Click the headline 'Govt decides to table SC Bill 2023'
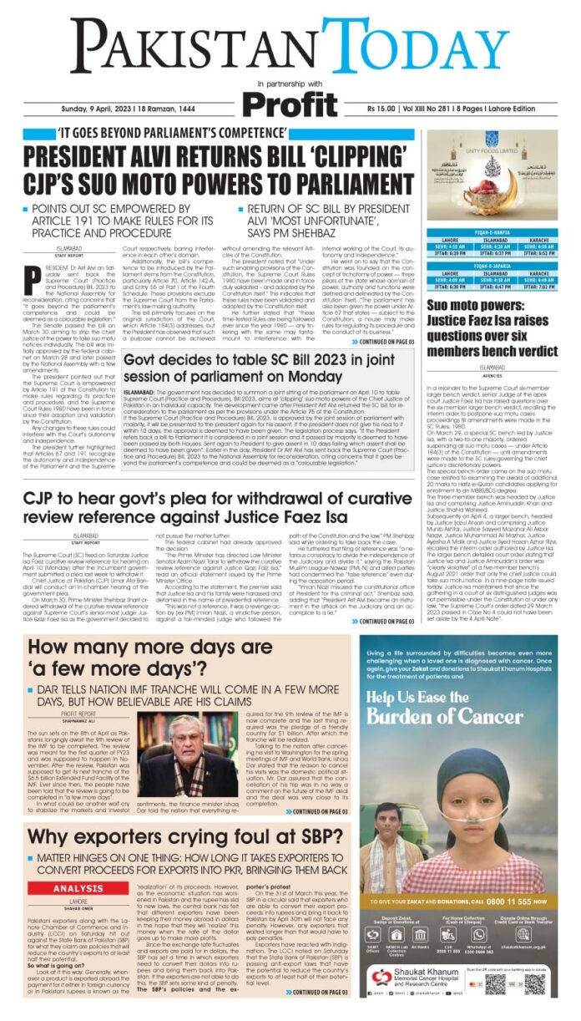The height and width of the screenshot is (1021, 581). click(267, 365)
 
